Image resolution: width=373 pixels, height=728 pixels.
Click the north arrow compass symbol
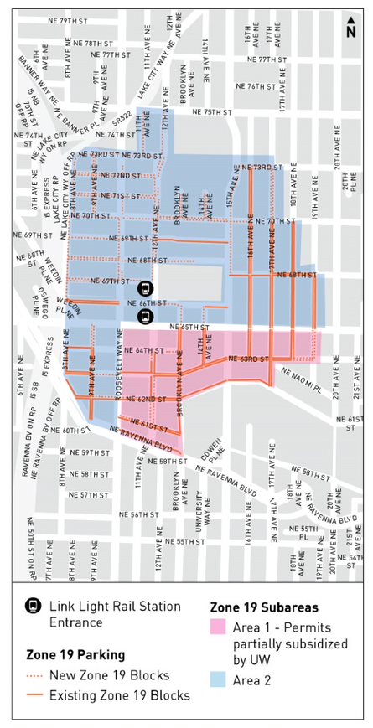350,29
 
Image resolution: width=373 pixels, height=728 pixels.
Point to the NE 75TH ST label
211,111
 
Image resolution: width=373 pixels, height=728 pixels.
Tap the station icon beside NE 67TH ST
145,287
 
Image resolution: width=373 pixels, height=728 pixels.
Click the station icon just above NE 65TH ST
145,316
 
